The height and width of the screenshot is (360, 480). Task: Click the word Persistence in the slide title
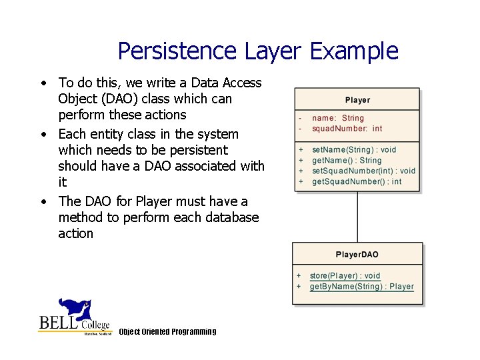177,51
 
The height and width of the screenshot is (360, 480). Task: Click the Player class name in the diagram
357,100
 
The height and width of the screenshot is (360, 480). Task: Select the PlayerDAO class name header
357,255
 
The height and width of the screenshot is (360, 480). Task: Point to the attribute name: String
338,118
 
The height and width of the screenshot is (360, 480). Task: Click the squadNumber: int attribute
347,129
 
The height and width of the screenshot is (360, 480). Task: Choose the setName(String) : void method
354,150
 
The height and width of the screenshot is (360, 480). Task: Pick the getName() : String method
347,161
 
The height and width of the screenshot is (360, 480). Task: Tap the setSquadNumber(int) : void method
363,171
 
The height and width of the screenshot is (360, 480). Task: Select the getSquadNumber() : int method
357,181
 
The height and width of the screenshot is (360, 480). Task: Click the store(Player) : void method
345,276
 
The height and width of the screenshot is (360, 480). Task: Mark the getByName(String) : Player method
361,287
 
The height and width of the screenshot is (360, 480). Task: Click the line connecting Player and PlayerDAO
357,217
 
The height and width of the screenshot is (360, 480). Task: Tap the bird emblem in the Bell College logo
75,309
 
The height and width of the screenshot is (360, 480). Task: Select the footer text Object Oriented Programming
167,332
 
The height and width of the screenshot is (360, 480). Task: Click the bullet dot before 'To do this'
43,84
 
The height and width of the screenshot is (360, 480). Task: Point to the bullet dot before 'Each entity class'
43,135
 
